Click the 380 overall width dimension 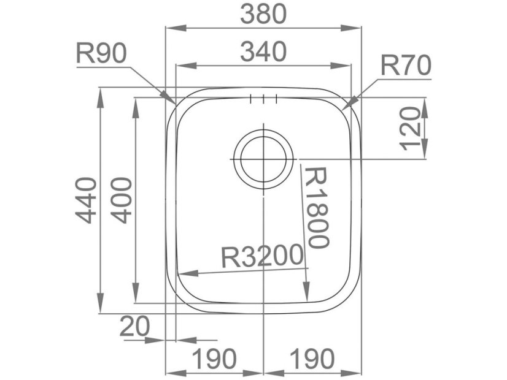263,14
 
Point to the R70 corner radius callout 406,65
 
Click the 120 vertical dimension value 411,127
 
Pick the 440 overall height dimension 86,200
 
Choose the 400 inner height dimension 121,200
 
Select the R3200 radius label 263,256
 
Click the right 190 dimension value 311,358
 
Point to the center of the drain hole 263,159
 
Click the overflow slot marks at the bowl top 263,99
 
